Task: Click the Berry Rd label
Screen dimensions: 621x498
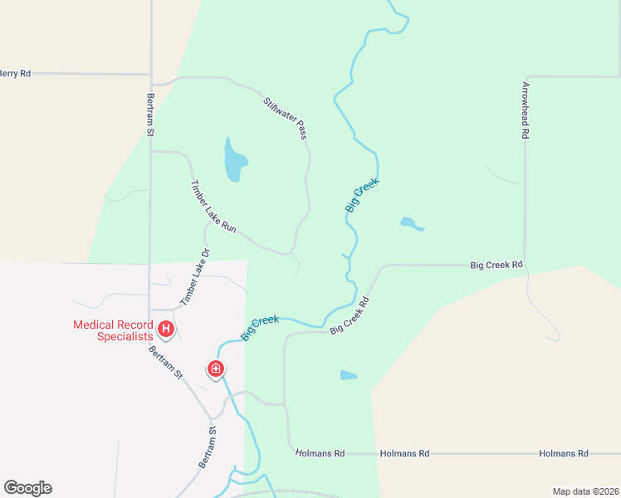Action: [x=15, y=74]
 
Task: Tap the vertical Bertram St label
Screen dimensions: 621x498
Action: [x=151, y=115]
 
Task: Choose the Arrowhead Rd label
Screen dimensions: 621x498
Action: [x=526, y=109]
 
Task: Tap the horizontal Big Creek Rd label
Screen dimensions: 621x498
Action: [x=496, y=266]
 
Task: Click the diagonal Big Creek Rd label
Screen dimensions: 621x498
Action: [x=349, y=314]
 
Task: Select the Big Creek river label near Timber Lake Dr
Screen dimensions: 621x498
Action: [x=260, y=327]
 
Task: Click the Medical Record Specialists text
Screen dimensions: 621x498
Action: [x=113, y=330]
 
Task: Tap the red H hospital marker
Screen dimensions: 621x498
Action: [x=166, y=330]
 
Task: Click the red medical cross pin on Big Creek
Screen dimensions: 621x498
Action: [x=215, y=369]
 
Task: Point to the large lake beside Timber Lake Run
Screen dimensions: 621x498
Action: [x=235, y=159]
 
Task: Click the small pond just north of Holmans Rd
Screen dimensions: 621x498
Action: [x=349, y=375]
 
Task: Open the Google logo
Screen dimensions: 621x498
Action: [x=27, y=488]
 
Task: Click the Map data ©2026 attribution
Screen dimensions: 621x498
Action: [x=584, y=491]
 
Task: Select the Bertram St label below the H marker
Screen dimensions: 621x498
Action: [x=165, y=363]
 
